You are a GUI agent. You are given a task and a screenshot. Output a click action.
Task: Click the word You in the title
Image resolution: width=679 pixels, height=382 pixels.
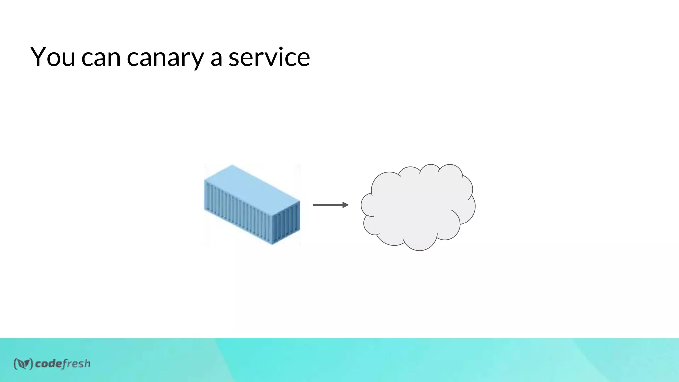click(53, 57)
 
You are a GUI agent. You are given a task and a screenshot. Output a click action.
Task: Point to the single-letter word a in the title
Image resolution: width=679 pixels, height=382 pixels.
click(216, 58)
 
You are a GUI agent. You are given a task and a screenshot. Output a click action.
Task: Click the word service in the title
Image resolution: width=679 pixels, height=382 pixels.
click(269, 57)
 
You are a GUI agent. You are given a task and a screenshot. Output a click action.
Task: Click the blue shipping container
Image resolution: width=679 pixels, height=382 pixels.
click(252, 205)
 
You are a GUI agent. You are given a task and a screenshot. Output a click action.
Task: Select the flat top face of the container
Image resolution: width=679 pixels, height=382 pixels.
click(252, 186)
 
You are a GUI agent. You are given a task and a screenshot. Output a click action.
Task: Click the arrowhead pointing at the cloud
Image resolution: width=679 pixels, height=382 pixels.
click(346, 205)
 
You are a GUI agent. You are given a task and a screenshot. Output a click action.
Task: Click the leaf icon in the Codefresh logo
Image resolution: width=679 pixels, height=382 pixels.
click(23, 364)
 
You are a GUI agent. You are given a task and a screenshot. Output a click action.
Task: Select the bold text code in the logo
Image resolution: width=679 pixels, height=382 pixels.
click(48, 364)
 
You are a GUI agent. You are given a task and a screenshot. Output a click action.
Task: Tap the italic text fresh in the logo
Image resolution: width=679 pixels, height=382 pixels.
click(76, 364)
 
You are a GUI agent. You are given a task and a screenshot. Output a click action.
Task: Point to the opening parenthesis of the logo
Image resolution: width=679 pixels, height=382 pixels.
click(15, 364)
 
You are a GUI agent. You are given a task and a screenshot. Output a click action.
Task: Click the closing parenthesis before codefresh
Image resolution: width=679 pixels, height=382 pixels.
click(31, 364)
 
